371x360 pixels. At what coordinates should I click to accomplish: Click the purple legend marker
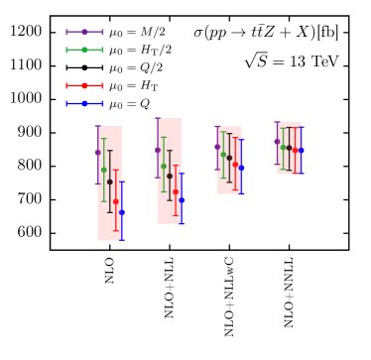[84, 32]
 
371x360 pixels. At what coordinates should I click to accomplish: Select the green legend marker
[84, 50]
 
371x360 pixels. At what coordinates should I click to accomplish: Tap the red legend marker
[84, 85]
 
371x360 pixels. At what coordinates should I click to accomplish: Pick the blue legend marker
[84, 103]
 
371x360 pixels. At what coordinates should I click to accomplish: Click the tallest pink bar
[110, 183]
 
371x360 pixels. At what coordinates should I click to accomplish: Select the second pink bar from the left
[170, 171]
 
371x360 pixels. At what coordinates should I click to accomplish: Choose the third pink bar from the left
[229, 160]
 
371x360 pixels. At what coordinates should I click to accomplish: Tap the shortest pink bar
[289, 148]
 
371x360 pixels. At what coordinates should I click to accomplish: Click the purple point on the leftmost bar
[98, 153]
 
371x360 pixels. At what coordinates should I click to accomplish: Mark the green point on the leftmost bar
[104, 170]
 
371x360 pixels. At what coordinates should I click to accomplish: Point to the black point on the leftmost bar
[110, 181]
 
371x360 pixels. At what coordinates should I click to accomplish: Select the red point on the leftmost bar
[116, 201]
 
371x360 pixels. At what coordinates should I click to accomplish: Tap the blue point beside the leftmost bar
[122, 212]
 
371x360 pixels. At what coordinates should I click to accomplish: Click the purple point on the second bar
[158, 150]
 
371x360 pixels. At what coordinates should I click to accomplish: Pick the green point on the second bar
[164, 166]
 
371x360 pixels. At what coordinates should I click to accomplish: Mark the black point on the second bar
[170, 176]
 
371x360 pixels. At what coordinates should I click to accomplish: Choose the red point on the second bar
[176, 191]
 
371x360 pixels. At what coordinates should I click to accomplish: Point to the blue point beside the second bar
[182, 200]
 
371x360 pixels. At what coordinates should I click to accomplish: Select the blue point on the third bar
[241, 168]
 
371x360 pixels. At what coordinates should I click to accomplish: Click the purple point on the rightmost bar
[277, 142]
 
